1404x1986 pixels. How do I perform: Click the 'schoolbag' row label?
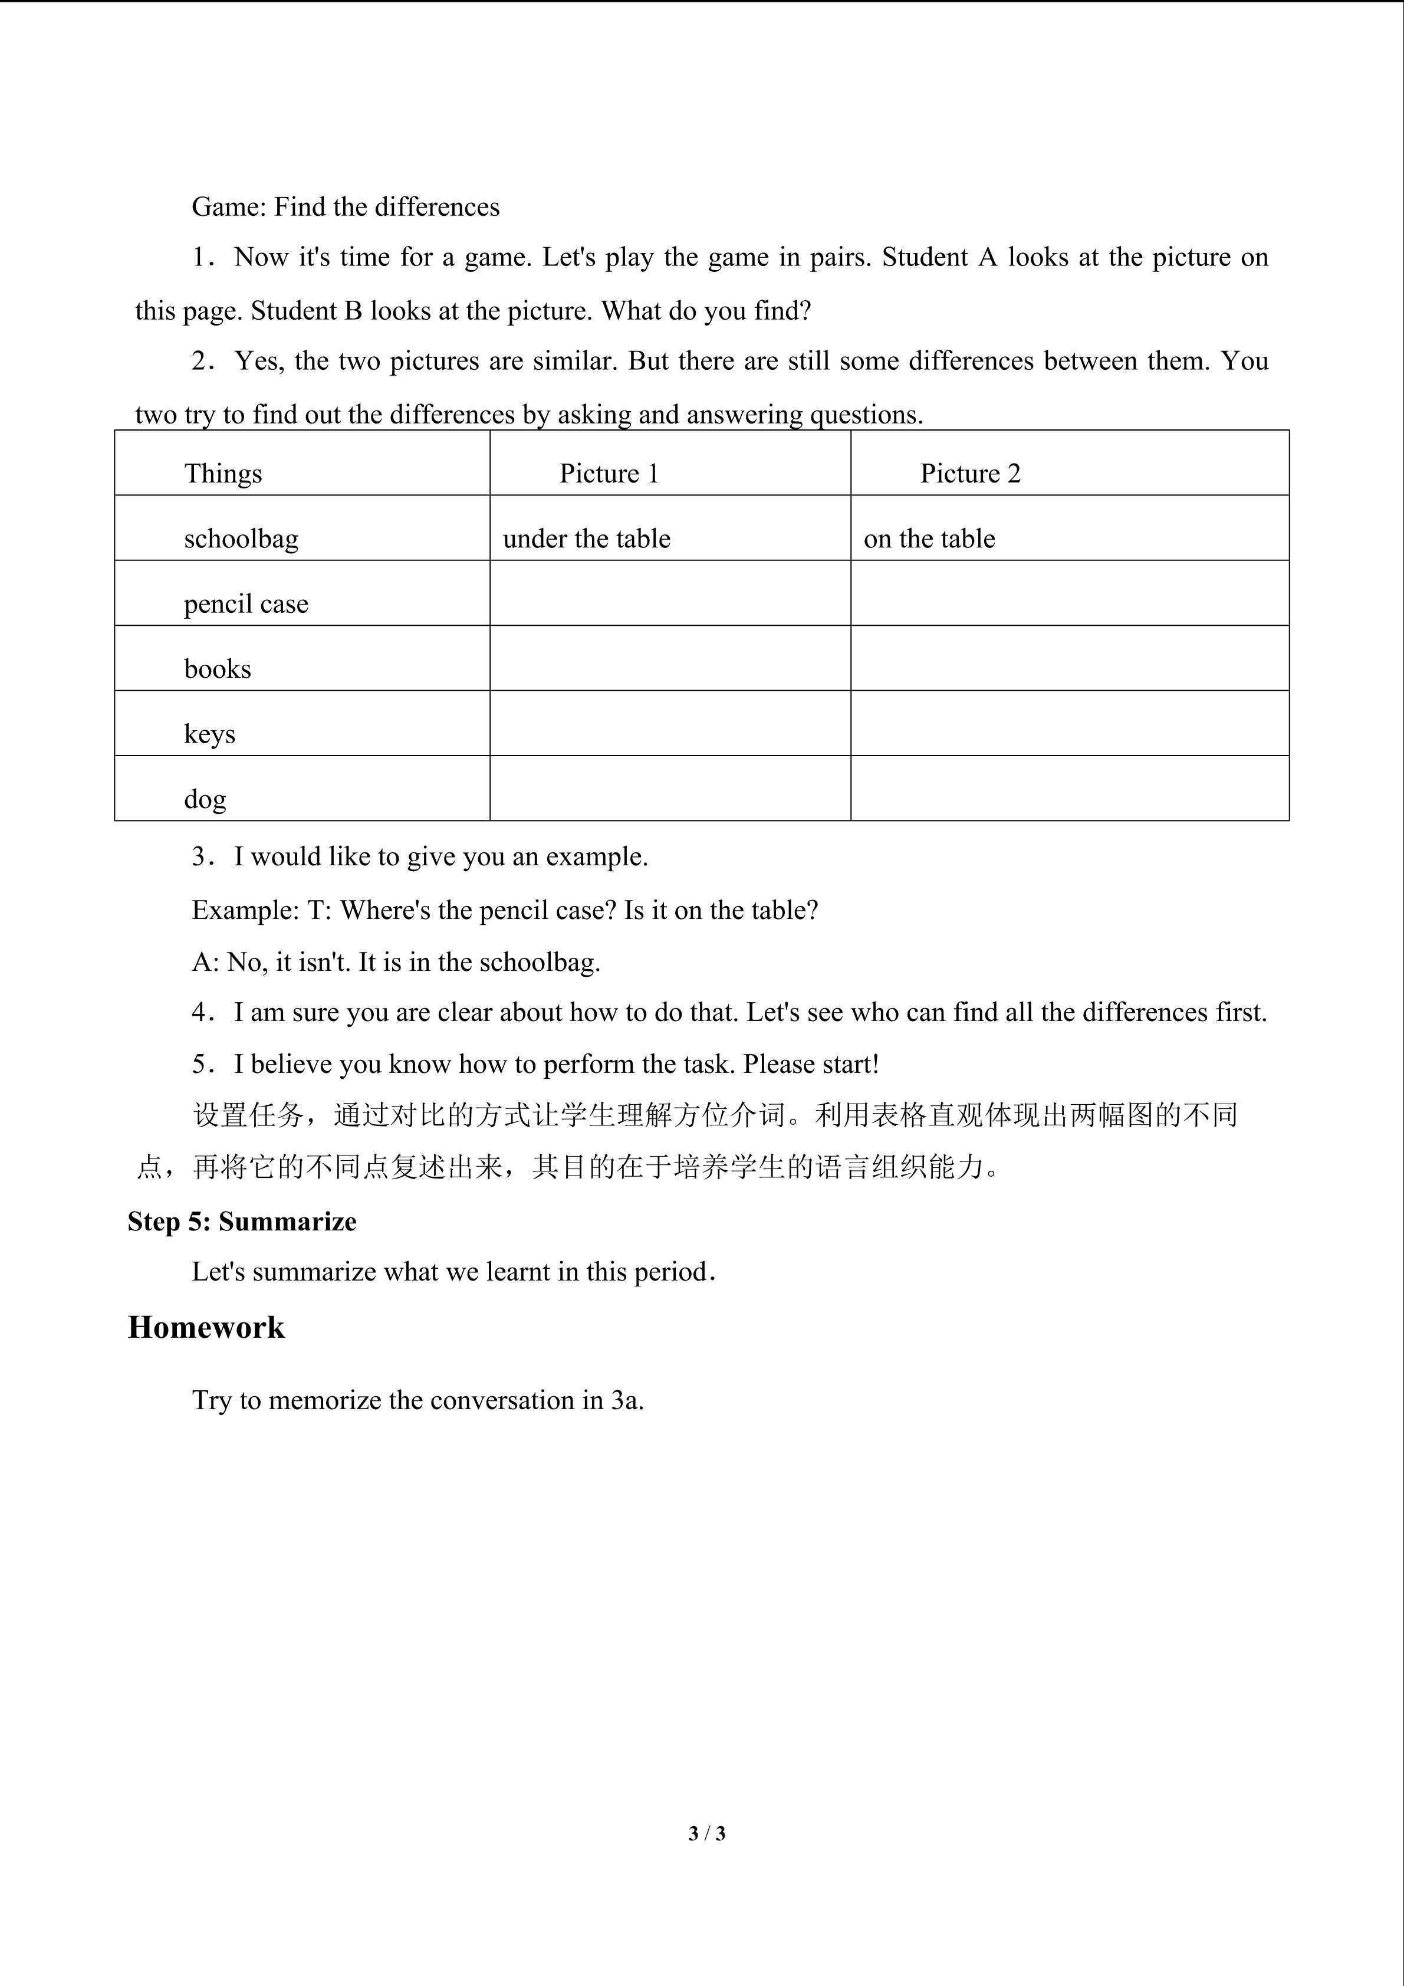[x=241, y=539]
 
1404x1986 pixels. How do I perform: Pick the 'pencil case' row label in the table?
[x=245, y=604]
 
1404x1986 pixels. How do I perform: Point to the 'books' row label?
[x=217, y=669]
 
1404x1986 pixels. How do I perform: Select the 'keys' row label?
[x=209, y=734]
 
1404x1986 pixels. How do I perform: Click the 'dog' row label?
[x=205, y=799]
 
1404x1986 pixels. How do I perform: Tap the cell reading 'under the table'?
[x=586, y=539]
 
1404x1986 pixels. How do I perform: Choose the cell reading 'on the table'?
[x=929, y=539]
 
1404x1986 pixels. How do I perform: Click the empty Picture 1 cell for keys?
[x=670, y=723]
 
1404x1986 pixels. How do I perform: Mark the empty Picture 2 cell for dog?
[x=1070, y=788]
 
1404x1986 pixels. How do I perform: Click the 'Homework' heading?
[x=206, y=1327]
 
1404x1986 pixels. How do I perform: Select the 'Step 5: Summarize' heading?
[x=242, y=1222]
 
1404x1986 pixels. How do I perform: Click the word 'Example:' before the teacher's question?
[x=245, y=910]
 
